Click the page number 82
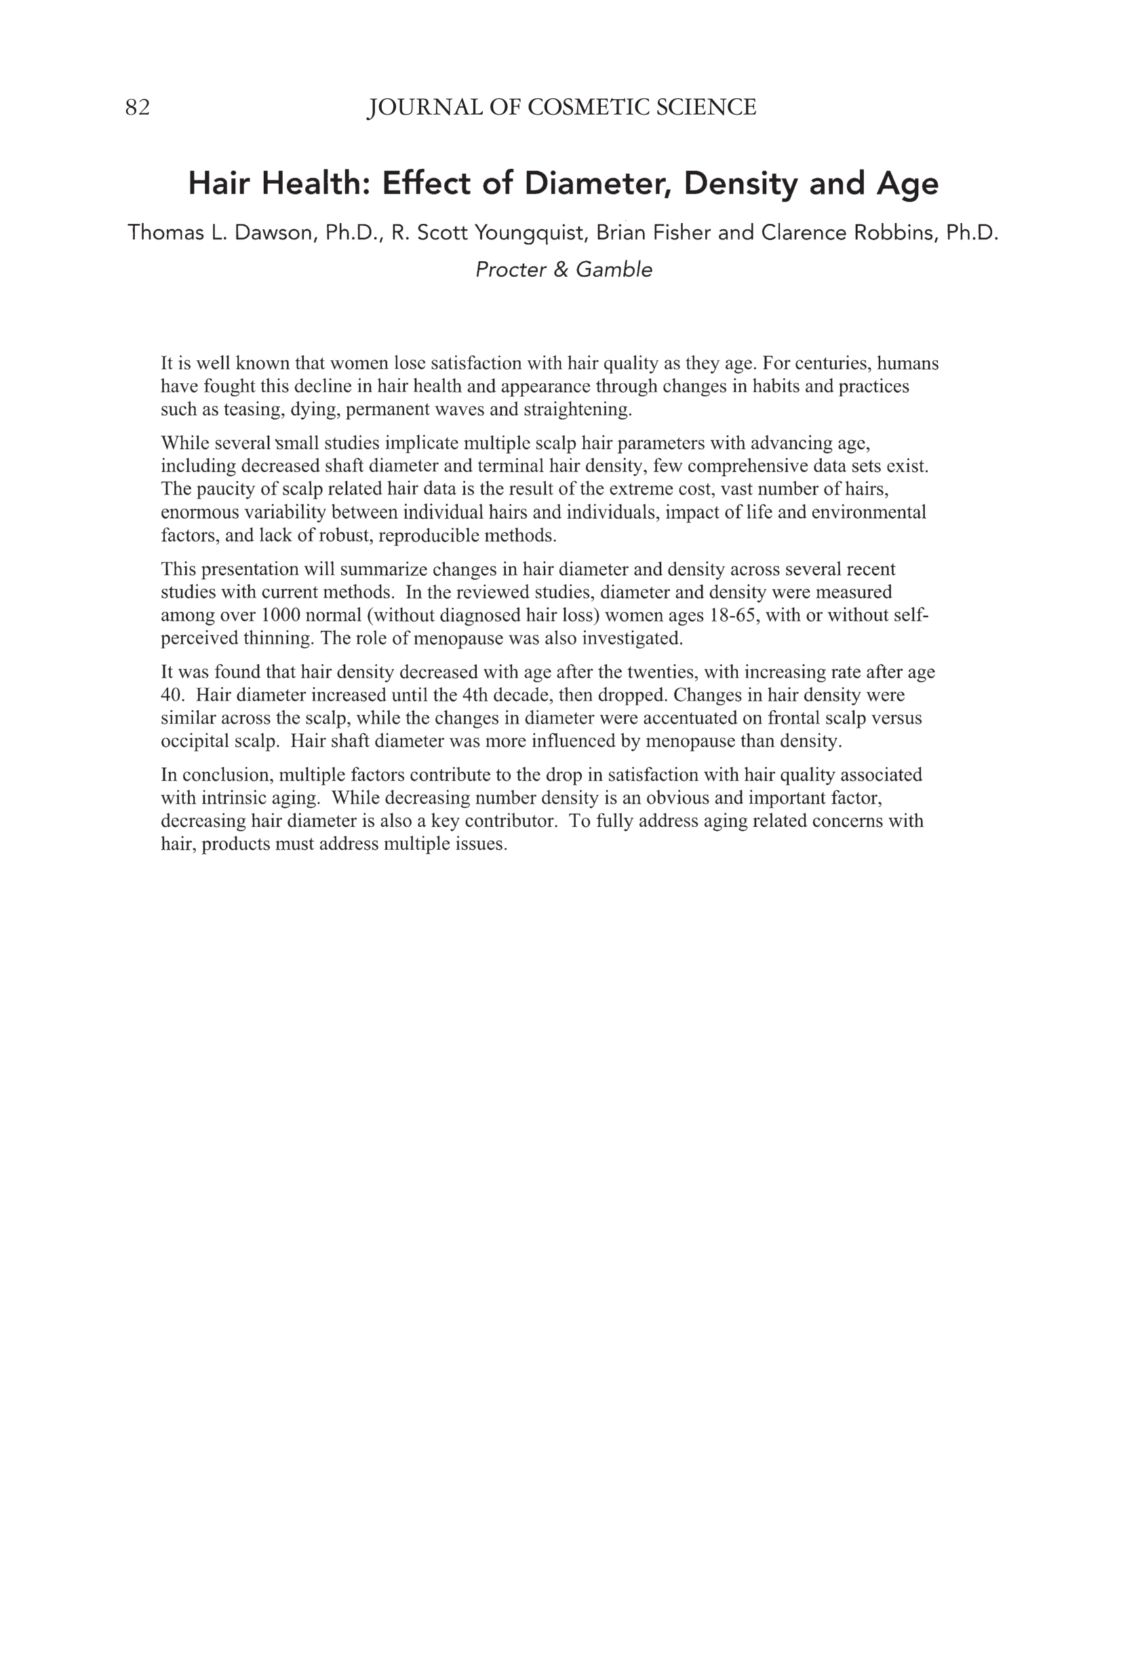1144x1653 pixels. coord(138,108)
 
